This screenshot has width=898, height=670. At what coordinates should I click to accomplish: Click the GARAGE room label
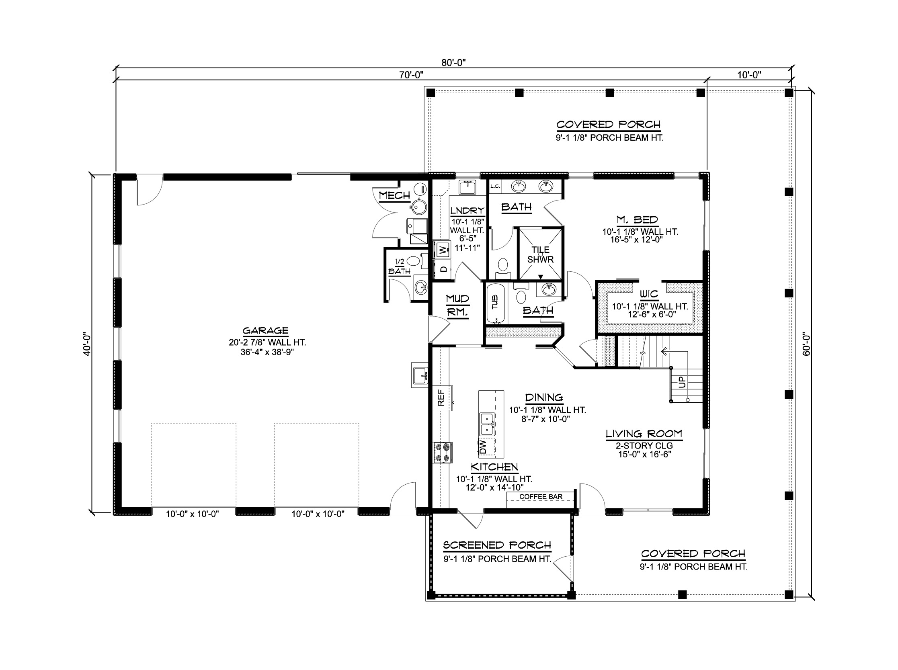coord(265,330)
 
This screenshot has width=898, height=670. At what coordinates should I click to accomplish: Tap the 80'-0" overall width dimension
coord(453,62)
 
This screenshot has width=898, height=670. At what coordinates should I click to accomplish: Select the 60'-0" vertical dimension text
coord(806,344)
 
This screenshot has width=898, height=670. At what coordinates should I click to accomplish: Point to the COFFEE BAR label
coord(541,496)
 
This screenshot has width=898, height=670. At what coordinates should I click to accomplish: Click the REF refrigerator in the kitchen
coord(441,398)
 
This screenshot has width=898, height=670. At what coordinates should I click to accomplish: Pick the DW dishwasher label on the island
coord(483,448)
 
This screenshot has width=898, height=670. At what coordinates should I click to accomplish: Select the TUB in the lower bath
coord(495,302)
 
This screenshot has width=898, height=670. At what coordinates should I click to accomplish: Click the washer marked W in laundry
coord(443,249)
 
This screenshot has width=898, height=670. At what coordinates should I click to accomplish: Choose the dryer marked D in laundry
coord(443,269)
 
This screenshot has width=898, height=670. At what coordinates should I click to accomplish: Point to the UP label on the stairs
coord(682,382)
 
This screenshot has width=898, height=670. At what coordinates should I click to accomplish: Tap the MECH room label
coord(394,195)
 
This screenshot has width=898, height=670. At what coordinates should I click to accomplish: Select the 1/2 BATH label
coord(400,267)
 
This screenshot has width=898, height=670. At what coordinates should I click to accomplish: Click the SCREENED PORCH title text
coord(497,545)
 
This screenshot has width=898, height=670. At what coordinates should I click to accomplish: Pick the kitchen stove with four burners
coord(443,453)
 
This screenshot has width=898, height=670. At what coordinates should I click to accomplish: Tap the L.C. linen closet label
coord(495,186)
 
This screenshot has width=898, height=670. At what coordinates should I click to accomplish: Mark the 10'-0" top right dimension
coord(749,75)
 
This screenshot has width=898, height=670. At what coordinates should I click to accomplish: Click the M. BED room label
coord(637,220)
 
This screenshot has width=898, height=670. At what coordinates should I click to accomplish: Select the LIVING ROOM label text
coord(644,434)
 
